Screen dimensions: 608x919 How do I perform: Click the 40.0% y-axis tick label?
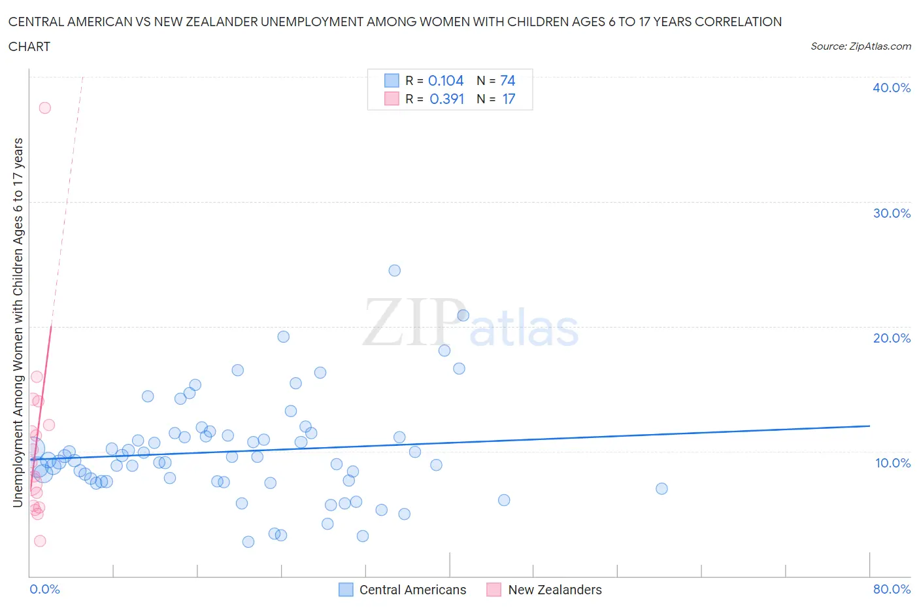coord(891,88)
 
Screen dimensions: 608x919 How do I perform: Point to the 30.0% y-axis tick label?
coord(891,213)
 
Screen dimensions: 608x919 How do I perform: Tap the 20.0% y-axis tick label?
coord(891,338)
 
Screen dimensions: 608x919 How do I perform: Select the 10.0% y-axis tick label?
coord(892,463)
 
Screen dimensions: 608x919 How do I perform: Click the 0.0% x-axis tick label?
coord(44,589)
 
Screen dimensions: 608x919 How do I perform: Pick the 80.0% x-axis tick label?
coord(892,589)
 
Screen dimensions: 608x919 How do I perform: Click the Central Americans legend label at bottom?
coord(412,590)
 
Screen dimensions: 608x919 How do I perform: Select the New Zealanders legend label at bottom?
coord(554,590)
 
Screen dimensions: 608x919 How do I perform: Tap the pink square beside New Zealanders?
coord(493,590)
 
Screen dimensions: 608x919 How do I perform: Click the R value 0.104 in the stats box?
coord(446,80)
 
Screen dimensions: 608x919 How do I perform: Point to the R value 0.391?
coord(446,99)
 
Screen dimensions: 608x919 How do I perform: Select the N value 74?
coord(507,80)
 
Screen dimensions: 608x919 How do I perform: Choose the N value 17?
coord(509,99)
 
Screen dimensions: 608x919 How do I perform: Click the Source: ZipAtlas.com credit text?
coord(860,46)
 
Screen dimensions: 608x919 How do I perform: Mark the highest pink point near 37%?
coord(44,108)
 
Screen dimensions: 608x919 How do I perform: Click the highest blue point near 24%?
coord(394,271)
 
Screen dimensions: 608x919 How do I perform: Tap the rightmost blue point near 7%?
coord(661,488)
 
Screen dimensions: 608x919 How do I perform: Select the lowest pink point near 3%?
coord(40,541)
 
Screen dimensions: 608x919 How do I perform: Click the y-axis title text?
coord(18,322)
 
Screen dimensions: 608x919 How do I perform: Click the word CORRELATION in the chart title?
coord(738,22)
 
